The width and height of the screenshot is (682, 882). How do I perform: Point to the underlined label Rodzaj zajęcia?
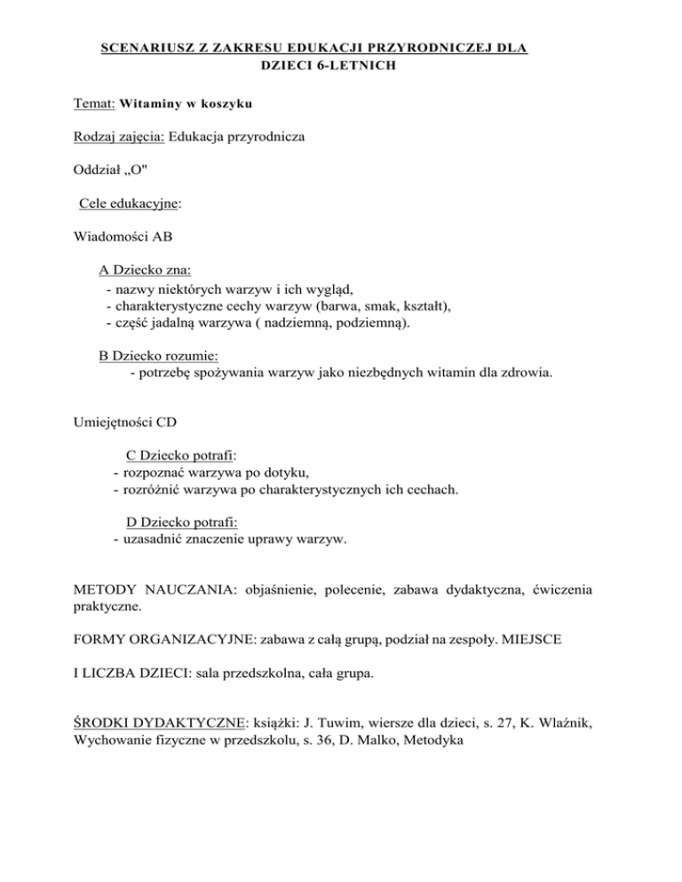click(x=116, y=138)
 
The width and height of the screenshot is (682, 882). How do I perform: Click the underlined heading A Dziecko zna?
click(x=145, y=271)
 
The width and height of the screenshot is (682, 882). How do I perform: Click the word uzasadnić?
click(x=155, y=539)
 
